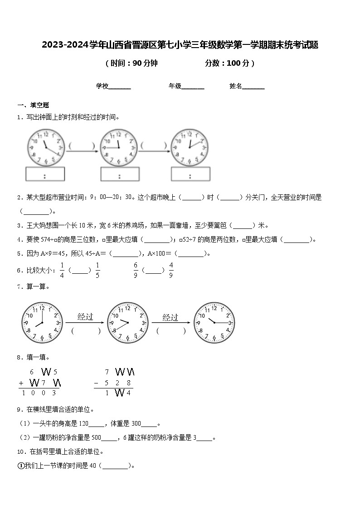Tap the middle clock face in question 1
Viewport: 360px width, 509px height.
pyautogui.click(x=119, y=147)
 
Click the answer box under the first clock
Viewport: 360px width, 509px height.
pyautogui.click(x=44, y=175)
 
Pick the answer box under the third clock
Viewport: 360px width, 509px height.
pyautogui.click(x=190, y=175)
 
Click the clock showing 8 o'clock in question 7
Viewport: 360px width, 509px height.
pyautogui.click(x=41, y=323)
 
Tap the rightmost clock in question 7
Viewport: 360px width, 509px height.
pyautogui.click(x=214, y=323)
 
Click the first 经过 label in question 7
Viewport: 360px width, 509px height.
pyautogui.click(x=85, y=317)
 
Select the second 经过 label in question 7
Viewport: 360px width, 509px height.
pyautogui.click(x=170, y=317)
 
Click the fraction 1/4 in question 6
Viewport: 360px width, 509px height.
pyautogui.click(x=62, y=270)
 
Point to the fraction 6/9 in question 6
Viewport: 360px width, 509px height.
pyautogui.click(x=136, y=270)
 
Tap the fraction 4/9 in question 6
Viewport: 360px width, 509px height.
pyautogui.click(x=171, y=270)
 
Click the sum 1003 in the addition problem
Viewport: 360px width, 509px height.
pyautogui.click(x=39, y=393)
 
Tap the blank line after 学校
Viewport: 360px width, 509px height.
pyautogui.click(x=120, y=87)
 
